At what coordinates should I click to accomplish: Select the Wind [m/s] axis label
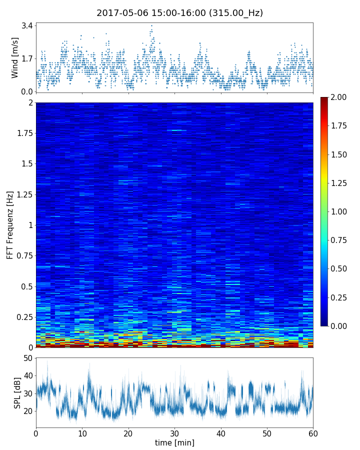click(x=15, y=57)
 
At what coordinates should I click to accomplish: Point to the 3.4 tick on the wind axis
click(x=27, y=25)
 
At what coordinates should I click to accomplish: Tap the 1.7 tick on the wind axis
click(x=27, y=58)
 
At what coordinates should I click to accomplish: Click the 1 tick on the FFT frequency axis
click(x=30, y=225)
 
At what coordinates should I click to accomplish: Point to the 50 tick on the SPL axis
click(x=27, y=358)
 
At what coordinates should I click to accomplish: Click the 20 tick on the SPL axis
click(x=27, y=411)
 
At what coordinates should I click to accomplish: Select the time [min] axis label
click(x=174, y=442)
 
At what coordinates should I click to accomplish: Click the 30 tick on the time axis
click(x=174, y=432)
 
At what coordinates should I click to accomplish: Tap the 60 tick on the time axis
click(x=313, y=432)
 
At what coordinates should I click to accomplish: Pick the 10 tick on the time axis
click(x=82, y=432)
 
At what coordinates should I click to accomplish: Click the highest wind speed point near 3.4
click(x=151, y=25)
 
